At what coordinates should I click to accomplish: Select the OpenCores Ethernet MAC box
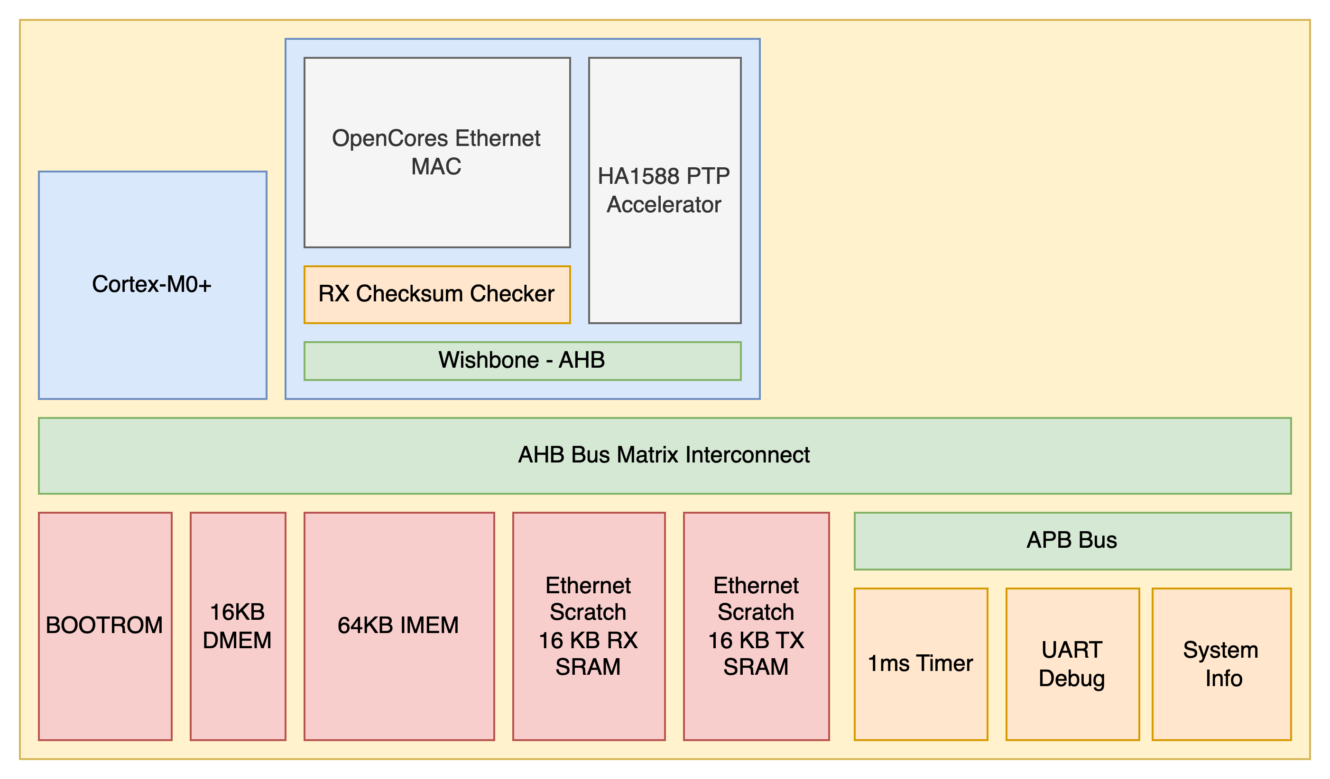click(x=436, y=152)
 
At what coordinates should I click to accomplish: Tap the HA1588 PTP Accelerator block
click(x=664, y=190)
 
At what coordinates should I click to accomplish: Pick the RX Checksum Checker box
click(x=436, y=294)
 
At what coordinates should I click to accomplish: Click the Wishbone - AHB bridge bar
click(x=521, y=361)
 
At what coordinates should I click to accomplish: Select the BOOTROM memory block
click(x=104, y=625)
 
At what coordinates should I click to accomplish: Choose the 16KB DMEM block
click(x=238, y=625)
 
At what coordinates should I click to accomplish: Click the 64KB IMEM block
click(x=398, y=625)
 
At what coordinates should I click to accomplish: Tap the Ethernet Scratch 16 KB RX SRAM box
click(x=588, y=625)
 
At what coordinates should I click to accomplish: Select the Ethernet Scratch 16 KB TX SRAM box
click(x=756, y=625)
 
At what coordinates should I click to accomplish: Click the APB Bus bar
click(x=1072, y=541)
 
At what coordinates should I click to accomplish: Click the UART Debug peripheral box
click(x=1072, y=663)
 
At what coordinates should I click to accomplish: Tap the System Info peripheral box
click(x=1221, y=663)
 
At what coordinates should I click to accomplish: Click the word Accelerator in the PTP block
click(x=664, y=205)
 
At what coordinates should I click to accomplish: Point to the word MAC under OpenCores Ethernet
click(x=436, y=167)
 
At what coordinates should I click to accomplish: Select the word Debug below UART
click(x=1072, y=678)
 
